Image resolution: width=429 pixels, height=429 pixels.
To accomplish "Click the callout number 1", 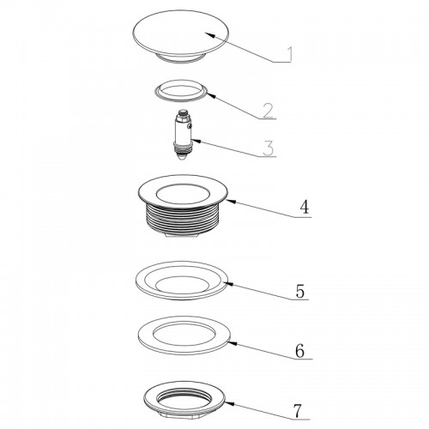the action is click(x=289, y=54).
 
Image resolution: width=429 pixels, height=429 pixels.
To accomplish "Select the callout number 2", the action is click(x=269, y=111).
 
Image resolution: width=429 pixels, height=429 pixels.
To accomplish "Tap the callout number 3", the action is click(x=269, y=148).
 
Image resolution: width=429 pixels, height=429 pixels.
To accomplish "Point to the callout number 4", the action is click(x=305, y=207).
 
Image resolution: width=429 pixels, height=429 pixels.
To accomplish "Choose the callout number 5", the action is click(x=300, y=292).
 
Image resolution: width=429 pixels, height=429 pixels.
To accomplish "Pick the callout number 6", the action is click(x=299, y=351).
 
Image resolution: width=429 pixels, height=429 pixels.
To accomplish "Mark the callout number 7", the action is click(x=298, y=411).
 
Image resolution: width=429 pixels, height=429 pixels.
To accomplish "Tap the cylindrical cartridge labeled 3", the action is click(x=183, y=135).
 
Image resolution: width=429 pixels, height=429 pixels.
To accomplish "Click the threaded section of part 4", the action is click(x=183, y=219).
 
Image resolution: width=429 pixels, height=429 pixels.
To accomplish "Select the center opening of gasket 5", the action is click(x=183, y=285).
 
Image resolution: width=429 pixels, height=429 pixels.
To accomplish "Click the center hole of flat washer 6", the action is click(x=184, y=335).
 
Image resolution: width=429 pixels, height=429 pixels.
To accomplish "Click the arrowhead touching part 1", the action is click(x=209, y=35).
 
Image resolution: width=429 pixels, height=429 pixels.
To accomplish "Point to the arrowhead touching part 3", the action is click(x=196, y=140).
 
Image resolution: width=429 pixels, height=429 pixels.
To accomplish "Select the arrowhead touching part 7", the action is click(x=230, y=403).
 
